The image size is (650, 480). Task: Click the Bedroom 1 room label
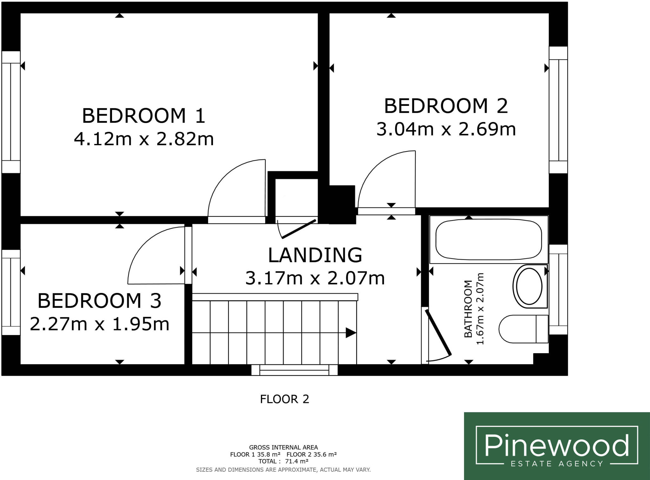tap(144, 116)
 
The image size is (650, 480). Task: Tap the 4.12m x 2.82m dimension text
tap(144, 139)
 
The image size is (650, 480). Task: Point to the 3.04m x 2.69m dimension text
tap(446, 129)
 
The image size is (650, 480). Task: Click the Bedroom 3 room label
tap(99, 301)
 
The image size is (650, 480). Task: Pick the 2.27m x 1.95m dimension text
tap(99, 324)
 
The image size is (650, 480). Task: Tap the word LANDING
tap(315, 255)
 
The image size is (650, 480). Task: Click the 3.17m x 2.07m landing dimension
tap(315, 278)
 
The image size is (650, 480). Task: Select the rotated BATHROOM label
tap(468, 309)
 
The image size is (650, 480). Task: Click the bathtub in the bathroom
tap(489, 239)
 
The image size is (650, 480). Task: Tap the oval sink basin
tap(530, 286)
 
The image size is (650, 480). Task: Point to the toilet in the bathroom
tap(523, 329)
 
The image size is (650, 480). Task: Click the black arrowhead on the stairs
tap(351, 333)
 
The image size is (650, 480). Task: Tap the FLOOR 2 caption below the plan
tap(284, 399)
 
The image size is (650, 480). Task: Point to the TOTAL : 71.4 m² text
tap(283, 461)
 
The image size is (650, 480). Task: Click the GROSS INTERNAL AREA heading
tap(283, 447)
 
